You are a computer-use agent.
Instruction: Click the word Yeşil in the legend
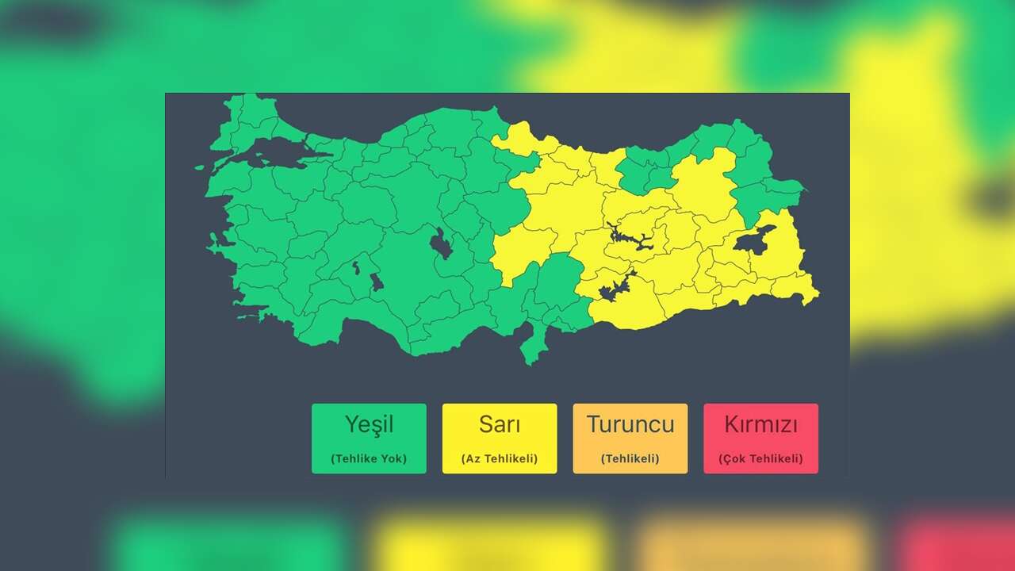(x=369, y=424)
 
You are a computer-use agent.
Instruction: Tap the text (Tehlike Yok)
(x=369, y=458)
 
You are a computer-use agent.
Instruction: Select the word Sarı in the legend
(x=500, y=424)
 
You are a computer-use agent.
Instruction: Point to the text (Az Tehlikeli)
(x=500, y=458)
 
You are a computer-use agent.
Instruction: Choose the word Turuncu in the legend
(x=630, y=424)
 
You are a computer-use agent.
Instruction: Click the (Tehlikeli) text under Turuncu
(x=630, y=458)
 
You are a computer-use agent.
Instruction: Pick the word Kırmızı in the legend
(x=761, y=424)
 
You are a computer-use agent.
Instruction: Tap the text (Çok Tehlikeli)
(x=761, y=458)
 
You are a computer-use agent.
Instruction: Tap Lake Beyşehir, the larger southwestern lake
(x=377, y=282)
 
